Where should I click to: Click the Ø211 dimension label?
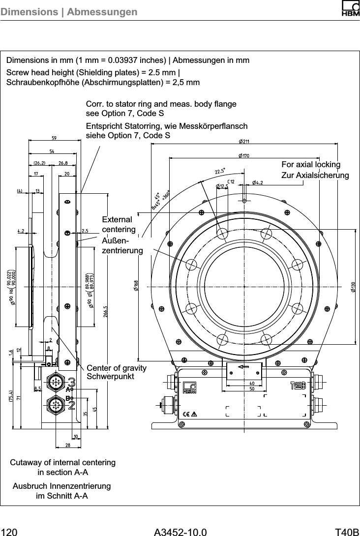tap(243, 142)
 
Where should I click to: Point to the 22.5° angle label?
tap(220, 171)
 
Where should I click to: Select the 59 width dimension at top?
tap(55, 138)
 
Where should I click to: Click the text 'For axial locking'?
tap(311, 164)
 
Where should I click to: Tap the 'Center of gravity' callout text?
tap(117, 368)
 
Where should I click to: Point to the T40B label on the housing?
tap(299, 385)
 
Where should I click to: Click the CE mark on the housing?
tap(185, 413)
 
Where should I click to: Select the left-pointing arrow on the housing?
tap(243, 367)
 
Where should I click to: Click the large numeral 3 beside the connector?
tap(72, 383)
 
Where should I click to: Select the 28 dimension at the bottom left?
tap(67, 446)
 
